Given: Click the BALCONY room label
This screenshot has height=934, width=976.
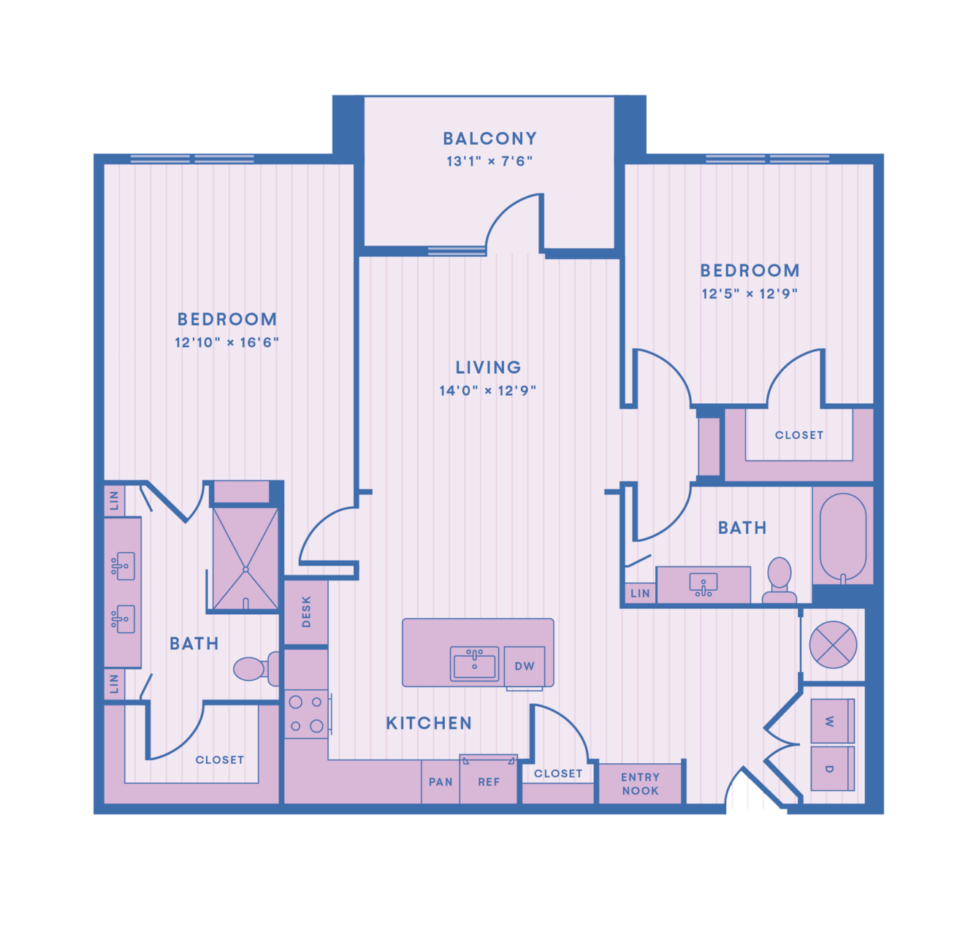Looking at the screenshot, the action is coord(489,138).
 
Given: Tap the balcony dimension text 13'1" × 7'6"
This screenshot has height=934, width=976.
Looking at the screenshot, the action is coord(489,161).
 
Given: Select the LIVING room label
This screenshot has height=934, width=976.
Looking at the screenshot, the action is coord(488,367).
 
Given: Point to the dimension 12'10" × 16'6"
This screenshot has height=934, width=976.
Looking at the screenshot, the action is coord(226,342).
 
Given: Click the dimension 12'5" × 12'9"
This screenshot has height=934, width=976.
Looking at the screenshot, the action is coord(750,294).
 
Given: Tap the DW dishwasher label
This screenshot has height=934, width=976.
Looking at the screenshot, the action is coord(525,666).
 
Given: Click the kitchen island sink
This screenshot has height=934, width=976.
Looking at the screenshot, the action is coord(474,664).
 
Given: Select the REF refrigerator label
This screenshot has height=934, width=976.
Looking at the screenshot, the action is coord(489,782).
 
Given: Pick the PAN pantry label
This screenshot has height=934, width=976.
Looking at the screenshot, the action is coord(441,782).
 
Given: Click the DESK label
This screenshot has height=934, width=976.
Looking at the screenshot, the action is coord(306,612).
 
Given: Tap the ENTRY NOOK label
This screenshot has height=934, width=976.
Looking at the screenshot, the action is coord(640,784).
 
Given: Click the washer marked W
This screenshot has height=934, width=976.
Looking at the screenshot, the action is coord(833,721).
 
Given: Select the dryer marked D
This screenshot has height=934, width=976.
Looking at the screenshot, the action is coord(833,768).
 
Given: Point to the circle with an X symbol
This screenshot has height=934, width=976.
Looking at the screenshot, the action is coord(833,645).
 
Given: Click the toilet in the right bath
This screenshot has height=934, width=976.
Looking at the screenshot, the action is coord(779,580).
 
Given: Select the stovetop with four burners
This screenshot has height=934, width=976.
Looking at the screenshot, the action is coord(306,714).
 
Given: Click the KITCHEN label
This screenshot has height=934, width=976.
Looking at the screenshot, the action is coord(429,723).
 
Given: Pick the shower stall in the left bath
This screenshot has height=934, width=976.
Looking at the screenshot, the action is coord(245,559).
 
